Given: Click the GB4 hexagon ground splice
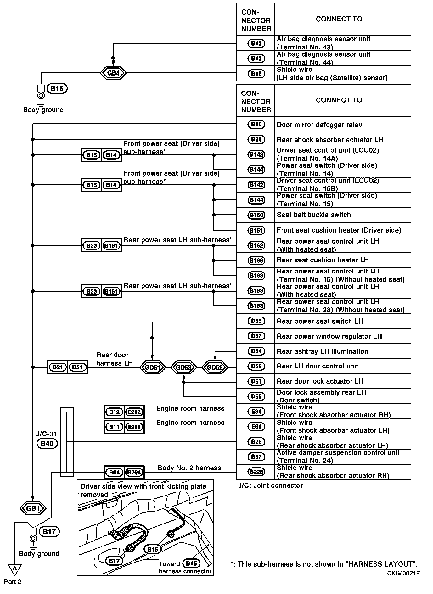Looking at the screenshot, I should click(113, 73).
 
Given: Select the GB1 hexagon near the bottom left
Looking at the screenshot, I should click(33, 508).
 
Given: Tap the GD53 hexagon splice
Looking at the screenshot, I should click(183, 367).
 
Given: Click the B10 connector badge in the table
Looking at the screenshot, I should click(256, 124).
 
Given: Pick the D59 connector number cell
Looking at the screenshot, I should click(256, 366).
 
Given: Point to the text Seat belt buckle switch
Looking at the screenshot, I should click(313, 215).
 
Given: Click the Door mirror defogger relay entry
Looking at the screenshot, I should click(319, 125).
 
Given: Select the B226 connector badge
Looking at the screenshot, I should click(256, 472).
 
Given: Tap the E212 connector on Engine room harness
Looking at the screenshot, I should click(134, 412).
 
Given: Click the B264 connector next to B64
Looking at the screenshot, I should click(134, 472).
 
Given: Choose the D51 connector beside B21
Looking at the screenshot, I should click(77, 367).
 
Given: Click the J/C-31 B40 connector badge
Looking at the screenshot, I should click(47, 444).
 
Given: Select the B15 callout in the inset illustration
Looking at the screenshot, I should click(191, 563).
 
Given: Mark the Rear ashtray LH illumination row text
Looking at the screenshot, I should click(322, 351).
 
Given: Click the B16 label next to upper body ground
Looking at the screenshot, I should click(57, 89).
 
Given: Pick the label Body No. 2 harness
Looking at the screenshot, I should click(189, 468).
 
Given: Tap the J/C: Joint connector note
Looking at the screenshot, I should click(270, 485).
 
